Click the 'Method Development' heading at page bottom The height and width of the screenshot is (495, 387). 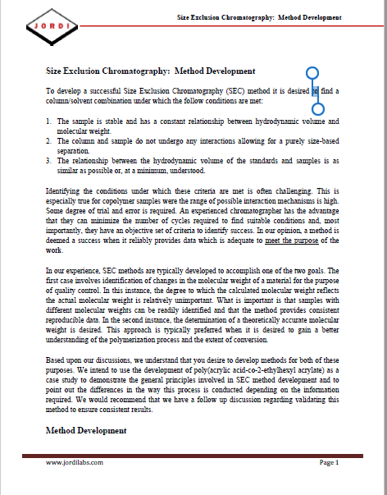point(85,430)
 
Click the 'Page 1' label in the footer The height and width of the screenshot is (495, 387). point(329,464)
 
